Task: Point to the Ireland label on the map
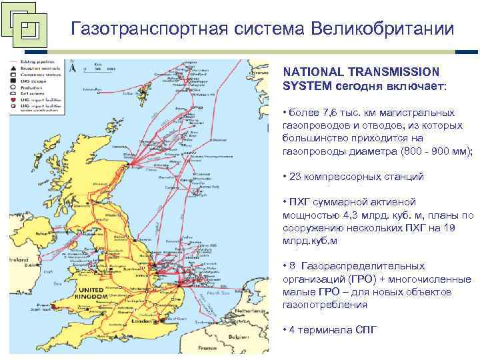(x=18, y=258)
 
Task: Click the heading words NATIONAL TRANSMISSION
(x=361, y=71)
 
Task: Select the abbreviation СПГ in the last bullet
(x=366, y=330)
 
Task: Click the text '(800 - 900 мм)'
(x=437, y=151)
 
